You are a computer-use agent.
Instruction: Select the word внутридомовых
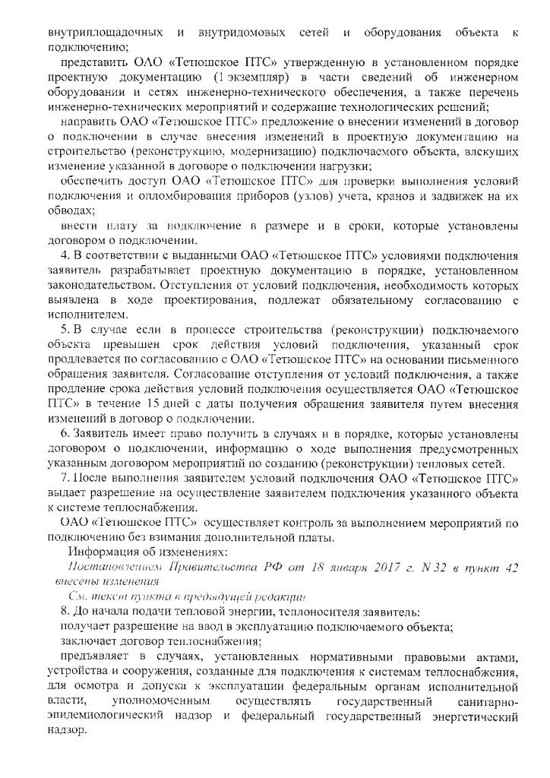pos(242,33)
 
